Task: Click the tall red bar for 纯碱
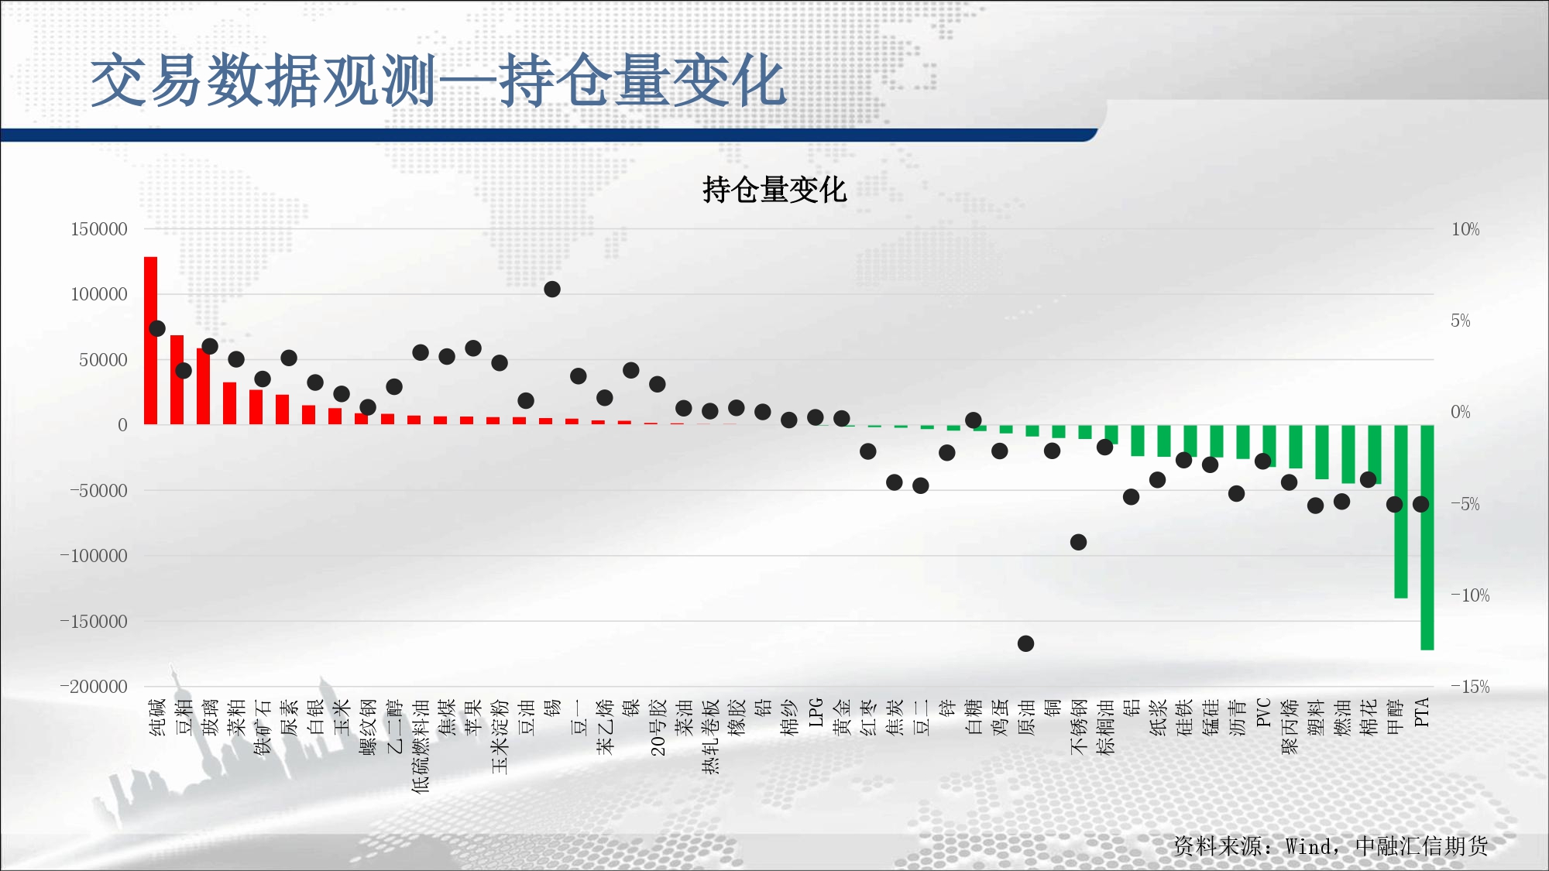click(151, 341)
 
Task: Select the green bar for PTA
click(1427, 537)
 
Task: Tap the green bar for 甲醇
click(1401, 511)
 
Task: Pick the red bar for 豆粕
click(177, 379)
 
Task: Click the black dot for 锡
click(552, 290)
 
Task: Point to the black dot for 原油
click(1025, 643)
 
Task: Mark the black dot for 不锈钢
click(1078, 542)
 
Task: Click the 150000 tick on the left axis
click(99, 229)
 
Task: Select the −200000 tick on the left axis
click(94, 687)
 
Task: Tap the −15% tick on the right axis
click(1470, 687)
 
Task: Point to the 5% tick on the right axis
click(1461, 321)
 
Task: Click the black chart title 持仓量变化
click(774, 190)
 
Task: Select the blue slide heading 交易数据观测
click(264, 81)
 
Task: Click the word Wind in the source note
click(1309, 846)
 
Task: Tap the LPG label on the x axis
click(816, 712)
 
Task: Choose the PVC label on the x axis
click(1263, 712)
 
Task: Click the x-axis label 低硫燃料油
click(421, 746)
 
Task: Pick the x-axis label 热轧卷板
click(710, 736)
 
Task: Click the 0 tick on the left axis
click(122, 425)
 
